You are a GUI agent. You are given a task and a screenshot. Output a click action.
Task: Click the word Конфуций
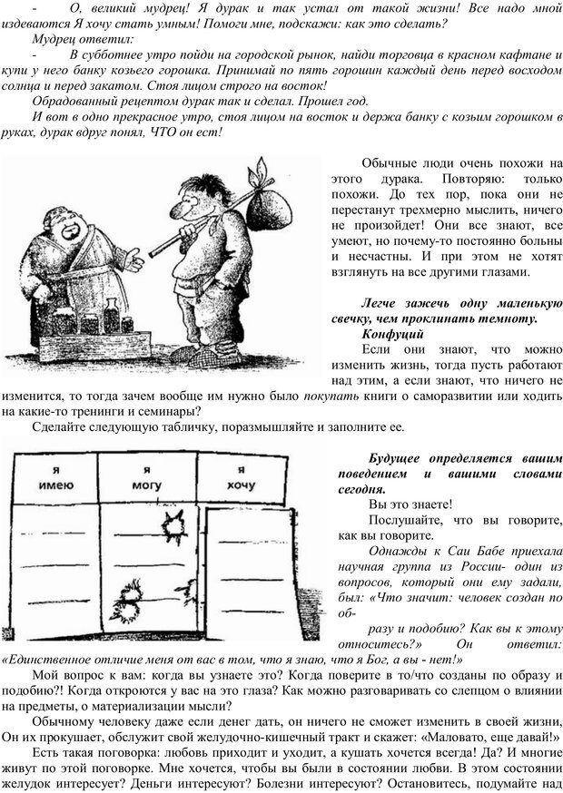point(392,334)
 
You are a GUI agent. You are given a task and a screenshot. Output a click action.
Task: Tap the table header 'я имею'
point(56,478)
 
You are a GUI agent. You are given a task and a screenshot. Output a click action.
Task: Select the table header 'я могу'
point(146,478)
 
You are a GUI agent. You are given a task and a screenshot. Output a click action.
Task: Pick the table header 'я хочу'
point(241,478)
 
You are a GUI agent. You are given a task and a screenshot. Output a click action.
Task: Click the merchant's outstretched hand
point(132,262)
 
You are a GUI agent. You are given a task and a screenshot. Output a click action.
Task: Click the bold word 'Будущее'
point(394,459)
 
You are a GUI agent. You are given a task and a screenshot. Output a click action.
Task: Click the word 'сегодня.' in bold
point(361,490)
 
